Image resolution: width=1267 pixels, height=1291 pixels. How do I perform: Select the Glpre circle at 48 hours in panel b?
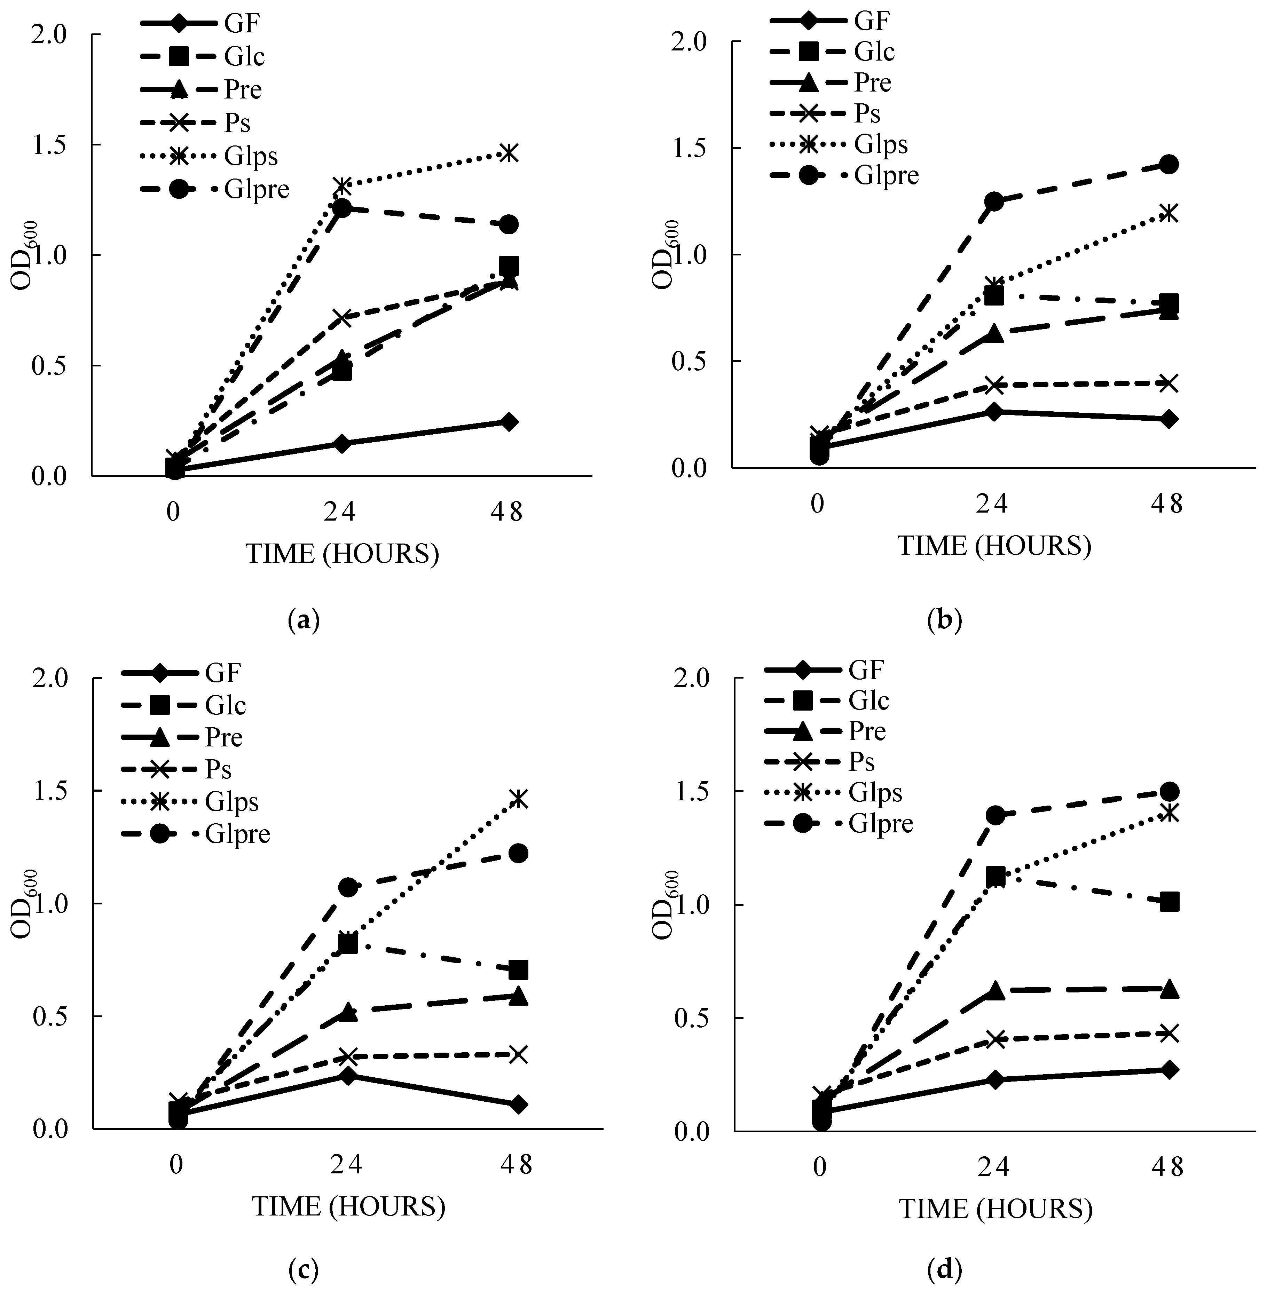(1168, 164)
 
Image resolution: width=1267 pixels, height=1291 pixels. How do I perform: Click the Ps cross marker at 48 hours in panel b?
(1168, 383)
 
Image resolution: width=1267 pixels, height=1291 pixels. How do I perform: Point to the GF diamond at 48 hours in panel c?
(518, 1105)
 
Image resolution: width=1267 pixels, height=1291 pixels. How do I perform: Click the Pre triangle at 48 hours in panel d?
(1169, 989)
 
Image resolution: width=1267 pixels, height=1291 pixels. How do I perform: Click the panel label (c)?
(304, 1270)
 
